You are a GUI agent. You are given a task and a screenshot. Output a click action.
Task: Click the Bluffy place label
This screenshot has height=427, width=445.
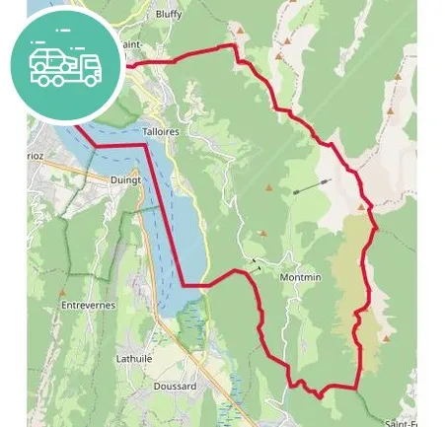tap(169, 16)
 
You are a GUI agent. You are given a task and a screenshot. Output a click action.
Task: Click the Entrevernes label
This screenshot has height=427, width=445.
tap(88, 306)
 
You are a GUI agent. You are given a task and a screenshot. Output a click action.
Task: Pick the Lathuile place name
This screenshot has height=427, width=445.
tap(134, 359)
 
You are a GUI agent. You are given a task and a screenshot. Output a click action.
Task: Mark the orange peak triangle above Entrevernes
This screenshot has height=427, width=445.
tap(62, 292)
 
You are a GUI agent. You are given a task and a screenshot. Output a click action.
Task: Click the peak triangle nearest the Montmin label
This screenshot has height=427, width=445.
tap(262, 234)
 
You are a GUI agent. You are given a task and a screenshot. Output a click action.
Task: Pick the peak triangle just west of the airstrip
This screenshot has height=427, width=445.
tap(268, 186)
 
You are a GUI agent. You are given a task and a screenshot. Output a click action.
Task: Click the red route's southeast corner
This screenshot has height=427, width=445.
tap(356, 386)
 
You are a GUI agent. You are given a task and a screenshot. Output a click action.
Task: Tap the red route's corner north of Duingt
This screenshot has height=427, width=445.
tap(146, 145)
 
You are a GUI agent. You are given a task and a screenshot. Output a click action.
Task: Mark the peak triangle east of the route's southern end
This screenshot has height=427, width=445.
tap(384, 338)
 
